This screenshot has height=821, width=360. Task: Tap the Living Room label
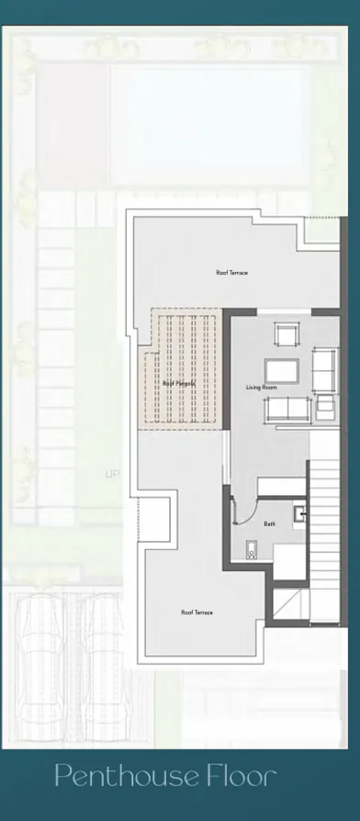click(261, 388)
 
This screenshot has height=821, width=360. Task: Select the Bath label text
click(269, 524)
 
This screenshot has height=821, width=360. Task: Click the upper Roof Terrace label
click(231, 273)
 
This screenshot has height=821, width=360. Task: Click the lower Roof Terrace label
click(197, 613)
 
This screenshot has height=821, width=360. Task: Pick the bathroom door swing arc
click(241, 508)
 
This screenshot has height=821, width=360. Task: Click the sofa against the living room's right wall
click(325, 368)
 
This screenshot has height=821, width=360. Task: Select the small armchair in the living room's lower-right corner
click(325, 410)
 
